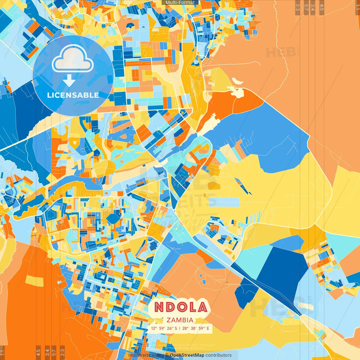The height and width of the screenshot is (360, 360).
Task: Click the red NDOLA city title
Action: pos(181,307)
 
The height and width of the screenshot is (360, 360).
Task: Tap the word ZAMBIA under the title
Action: pos(180,320)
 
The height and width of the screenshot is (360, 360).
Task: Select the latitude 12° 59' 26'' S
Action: pos(164,328)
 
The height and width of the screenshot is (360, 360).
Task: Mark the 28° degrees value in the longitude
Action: pos(185,328)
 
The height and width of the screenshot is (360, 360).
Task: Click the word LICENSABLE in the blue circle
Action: pos(73,95)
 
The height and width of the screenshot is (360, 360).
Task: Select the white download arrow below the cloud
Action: pos(69,81)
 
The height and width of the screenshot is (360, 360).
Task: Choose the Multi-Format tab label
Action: pos(180,3)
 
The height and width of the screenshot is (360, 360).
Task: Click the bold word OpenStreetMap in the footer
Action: pos(187,355)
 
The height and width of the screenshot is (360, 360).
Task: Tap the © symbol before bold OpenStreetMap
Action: pos(167,355)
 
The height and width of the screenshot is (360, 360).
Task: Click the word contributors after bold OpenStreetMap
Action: pos(219,355)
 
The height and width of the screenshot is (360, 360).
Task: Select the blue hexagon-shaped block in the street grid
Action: pos(114,218)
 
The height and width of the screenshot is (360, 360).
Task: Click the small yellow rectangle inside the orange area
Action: pos(35,280)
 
